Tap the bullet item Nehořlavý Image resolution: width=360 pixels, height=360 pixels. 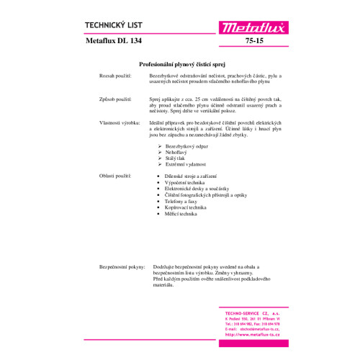[x=176, y=153]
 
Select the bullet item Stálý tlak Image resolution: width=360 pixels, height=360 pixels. [x=176, y=158]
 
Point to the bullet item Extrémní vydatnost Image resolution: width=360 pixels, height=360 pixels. [x=185, y=164]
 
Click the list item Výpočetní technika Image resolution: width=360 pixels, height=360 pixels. [x=185, y=182]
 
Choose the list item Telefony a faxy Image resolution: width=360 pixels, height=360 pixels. [x=181, y=202]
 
